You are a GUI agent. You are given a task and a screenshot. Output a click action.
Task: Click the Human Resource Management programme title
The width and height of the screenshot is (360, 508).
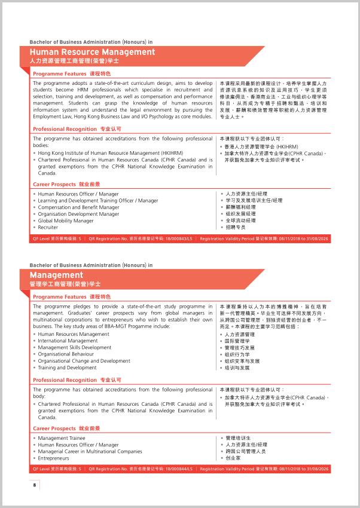click(92, 52)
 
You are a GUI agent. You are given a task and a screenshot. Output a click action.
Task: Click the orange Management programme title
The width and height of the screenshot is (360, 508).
click(56, 275)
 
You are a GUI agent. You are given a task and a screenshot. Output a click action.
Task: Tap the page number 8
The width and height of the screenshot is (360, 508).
click(35, 485)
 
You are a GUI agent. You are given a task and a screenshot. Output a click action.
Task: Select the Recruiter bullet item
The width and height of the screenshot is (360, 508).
click(48, 227)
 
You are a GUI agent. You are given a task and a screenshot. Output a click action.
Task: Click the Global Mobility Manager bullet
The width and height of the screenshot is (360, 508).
click(66, 221)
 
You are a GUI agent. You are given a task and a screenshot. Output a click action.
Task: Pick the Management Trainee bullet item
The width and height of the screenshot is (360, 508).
click(62, 438)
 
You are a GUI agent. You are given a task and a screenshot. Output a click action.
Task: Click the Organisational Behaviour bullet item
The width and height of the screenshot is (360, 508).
click(66, 354)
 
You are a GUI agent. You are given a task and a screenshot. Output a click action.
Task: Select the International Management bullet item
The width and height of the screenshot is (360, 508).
click(68, 341)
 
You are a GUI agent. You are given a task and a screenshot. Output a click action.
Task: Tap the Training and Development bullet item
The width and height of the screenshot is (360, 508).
click(67, 368)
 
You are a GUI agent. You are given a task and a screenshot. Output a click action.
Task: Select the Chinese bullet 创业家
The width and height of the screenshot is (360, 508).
click(233, 458)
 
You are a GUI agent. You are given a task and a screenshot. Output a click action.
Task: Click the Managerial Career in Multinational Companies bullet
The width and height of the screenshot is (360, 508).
click(90, 451)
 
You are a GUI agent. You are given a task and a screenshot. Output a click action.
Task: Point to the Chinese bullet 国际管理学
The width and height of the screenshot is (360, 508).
click(237, 341)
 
